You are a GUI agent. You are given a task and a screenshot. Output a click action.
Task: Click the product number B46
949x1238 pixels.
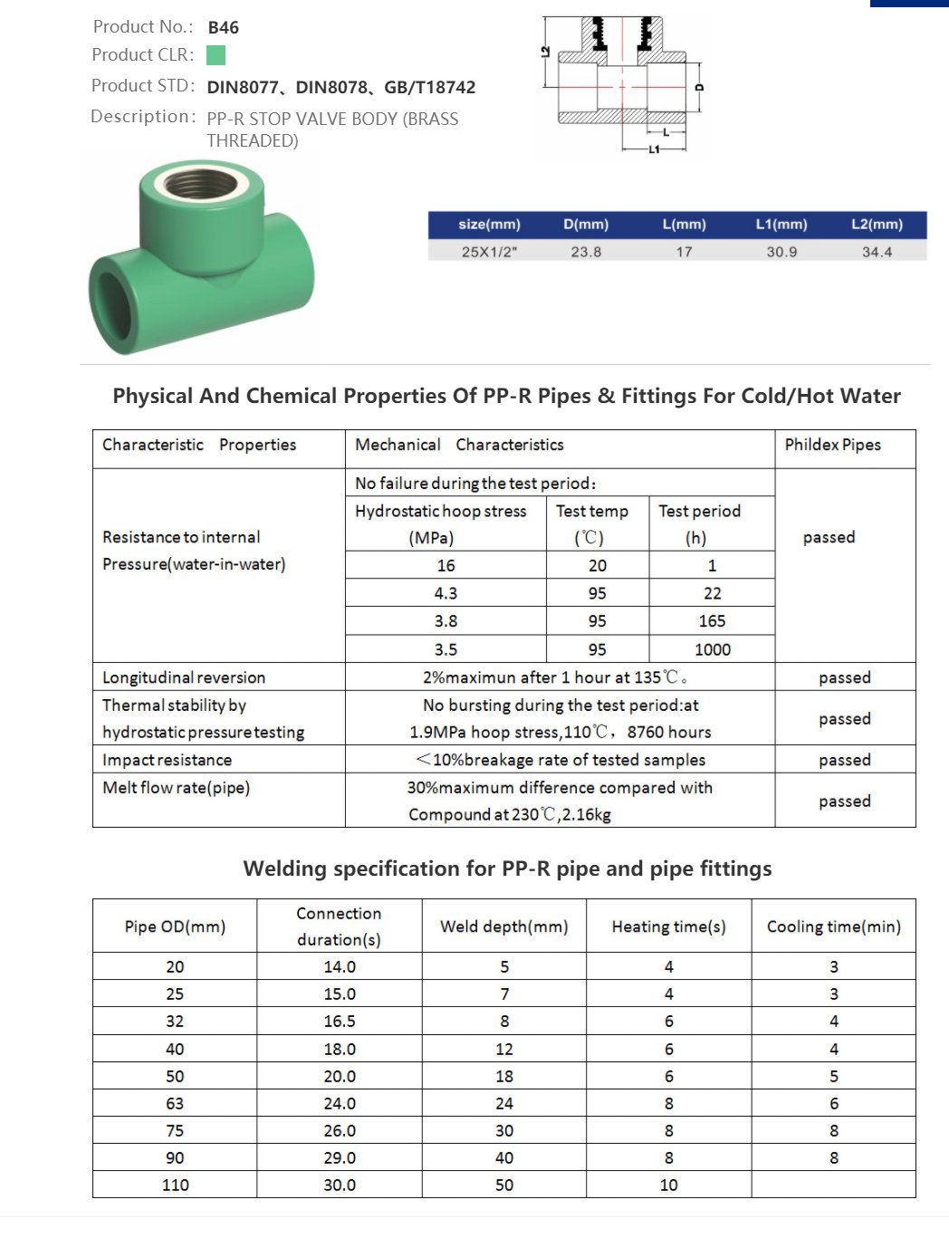(223, 28)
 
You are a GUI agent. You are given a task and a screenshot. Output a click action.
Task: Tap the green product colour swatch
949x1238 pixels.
(216, 55)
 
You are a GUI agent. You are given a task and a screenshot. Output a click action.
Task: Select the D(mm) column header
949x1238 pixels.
(586, 225)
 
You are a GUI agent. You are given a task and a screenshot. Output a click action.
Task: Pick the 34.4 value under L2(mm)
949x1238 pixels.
(877, 252)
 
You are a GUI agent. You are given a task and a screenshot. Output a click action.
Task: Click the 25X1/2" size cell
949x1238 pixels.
(489, 252)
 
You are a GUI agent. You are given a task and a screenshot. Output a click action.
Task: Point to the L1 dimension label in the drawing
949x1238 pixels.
(654, 149)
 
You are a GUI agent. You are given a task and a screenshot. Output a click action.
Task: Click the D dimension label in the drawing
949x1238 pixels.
(698, 88)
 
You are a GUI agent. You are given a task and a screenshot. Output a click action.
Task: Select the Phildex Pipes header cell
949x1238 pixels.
(832, 445)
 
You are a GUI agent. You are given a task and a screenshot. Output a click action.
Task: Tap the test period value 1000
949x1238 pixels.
(712, 649)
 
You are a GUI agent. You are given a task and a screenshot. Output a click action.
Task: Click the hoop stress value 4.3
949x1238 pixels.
(446, 593)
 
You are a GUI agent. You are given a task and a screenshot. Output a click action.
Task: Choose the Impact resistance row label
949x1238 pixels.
(167, 760)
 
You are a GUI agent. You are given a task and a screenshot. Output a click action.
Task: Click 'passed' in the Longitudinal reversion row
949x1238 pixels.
(844, 677)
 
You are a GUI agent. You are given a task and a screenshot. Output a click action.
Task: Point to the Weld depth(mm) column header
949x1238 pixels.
(503, 926)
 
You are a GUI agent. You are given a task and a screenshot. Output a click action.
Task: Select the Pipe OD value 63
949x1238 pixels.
(175, 1103)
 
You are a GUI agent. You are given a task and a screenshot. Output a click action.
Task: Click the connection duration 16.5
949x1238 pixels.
(340, 1021)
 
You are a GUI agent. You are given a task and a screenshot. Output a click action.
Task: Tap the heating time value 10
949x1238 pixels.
(668, 1185)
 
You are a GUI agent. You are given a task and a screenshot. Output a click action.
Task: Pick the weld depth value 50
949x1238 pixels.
(503, 1185)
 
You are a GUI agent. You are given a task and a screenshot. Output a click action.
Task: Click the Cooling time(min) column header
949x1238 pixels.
(833, 926)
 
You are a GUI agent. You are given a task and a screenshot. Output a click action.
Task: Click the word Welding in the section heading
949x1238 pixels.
(284, 869)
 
